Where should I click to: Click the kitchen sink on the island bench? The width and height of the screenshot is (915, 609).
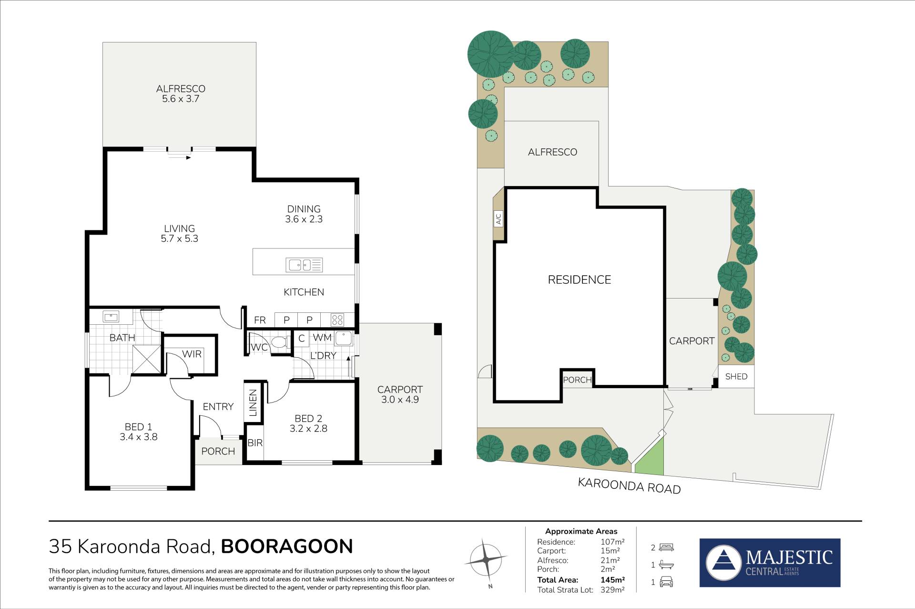tap(304, 265)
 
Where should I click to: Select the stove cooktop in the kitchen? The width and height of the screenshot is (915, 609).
tap(337, 319)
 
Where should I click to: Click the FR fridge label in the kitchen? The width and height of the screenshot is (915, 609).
tap(260, 320)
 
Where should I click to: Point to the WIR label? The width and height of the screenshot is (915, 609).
tap(192, 354)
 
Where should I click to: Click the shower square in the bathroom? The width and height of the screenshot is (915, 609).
tap(146, 359)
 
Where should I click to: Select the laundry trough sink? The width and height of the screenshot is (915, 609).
tap(343, 338)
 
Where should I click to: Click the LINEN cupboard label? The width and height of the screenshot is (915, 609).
tap(253, 403)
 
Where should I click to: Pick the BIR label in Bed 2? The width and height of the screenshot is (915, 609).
tap(255, 443)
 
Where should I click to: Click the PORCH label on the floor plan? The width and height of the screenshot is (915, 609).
tap(218, 451)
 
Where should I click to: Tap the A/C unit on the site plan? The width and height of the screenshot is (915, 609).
tap(498, 219)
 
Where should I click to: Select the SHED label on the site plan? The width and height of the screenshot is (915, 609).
tap(736, 376)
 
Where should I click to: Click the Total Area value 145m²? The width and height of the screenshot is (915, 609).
tap(613, 580)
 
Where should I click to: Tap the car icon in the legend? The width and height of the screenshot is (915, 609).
tap(666, 582)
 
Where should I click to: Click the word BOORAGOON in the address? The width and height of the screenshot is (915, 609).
tap(287, 546)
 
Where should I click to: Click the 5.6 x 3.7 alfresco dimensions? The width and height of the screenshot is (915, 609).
tap(181, 99)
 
